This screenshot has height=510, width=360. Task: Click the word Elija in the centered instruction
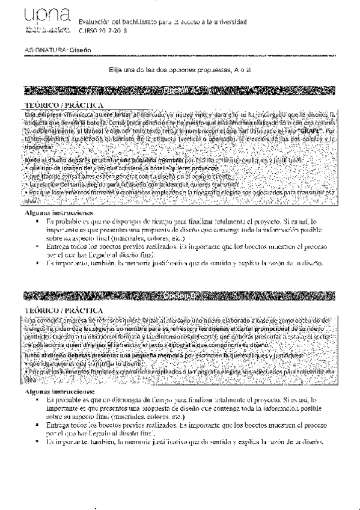[x=115, y=70]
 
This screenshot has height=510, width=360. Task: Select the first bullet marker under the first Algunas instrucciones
[x=38, y=222]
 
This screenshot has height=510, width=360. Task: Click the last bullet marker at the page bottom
[x=38, y=442]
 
